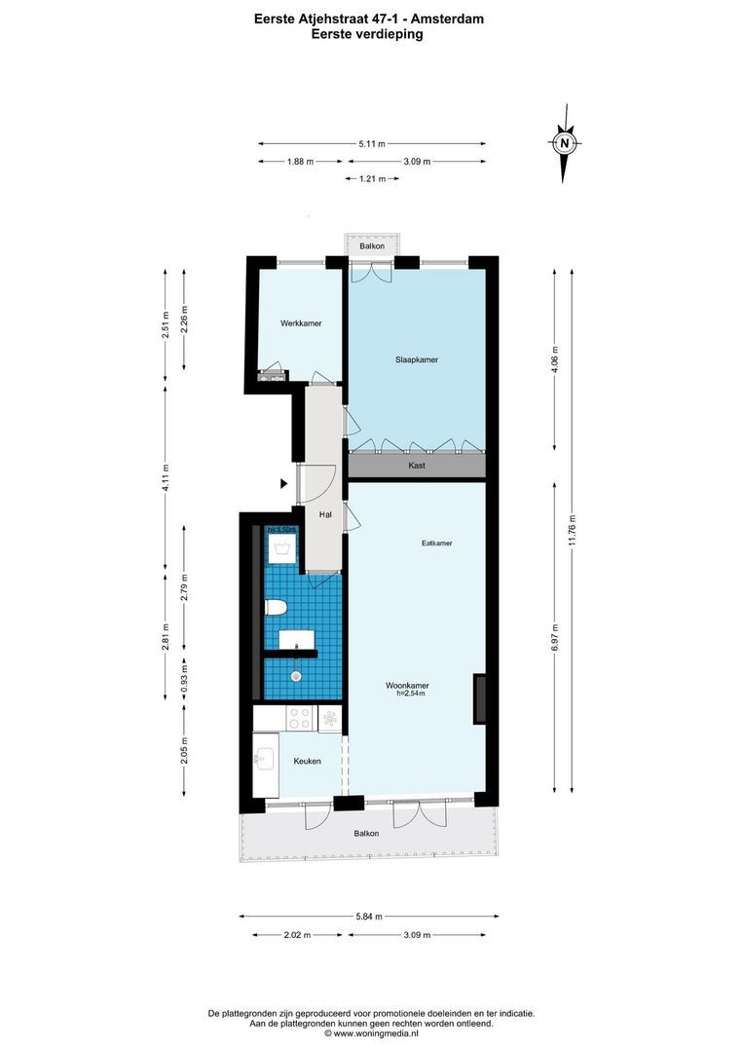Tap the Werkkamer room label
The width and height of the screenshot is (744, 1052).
(301, 323)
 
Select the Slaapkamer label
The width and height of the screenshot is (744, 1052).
(416, 359)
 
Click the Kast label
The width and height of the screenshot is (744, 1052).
(417, 466)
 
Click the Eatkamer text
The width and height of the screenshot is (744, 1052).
(436, 544)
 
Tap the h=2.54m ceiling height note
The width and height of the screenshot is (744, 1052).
(414, 694)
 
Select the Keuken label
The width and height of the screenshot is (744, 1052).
(309, 761)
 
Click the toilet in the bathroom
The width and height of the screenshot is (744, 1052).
(277, 609)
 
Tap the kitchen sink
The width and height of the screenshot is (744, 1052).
(263, 758)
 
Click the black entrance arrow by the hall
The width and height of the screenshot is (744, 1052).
(283, 483)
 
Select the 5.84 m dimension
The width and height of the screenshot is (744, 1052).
(369, 917)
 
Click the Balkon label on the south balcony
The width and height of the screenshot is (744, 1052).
(366, 834)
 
